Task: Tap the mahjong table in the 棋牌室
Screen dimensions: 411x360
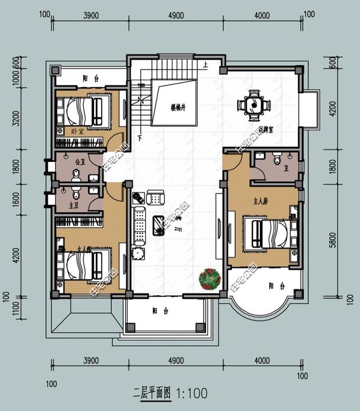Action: pyautogui.click(x=253, y=104)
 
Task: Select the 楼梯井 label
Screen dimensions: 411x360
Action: pyautogui.click(x=179, y=105)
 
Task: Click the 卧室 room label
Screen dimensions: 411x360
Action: pyautogui.click(x=78, y=131)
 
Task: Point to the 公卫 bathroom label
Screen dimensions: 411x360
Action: pyautogui.click(x=79, y=161)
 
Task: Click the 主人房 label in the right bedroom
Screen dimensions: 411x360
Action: pyautogui.click(x=256, y=199)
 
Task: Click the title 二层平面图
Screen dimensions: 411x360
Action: pyautogui.click(x=153, y=392)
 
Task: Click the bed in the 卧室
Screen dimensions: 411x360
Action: pyautogui.click(x=84, y=111)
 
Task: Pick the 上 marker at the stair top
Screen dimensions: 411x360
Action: pyautogui.click(x=205, y=65)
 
